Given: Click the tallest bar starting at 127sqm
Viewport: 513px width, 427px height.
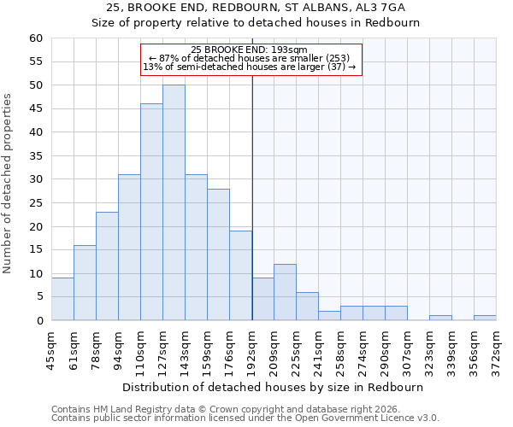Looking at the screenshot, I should pos(174,202).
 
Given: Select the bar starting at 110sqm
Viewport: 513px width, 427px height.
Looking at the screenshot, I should pos(151,212).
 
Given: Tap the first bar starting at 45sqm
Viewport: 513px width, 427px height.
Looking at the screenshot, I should pos(62,299).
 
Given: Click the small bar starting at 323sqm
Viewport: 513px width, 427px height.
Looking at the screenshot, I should pos(440,318).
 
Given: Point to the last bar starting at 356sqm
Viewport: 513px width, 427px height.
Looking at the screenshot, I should pos(485,318).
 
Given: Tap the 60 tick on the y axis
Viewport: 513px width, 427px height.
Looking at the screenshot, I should pos(36,38).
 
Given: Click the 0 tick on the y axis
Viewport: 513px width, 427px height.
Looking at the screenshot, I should pos(39,321).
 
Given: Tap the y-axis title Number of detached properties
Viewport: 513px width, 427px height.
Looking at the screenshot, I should pos(9,184).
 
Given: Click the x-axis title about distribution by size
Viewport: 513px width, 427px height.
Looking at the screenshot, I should pos(273,388).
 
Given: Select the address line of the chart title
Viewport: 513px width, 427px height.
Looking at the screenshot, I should pos(256,8).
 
